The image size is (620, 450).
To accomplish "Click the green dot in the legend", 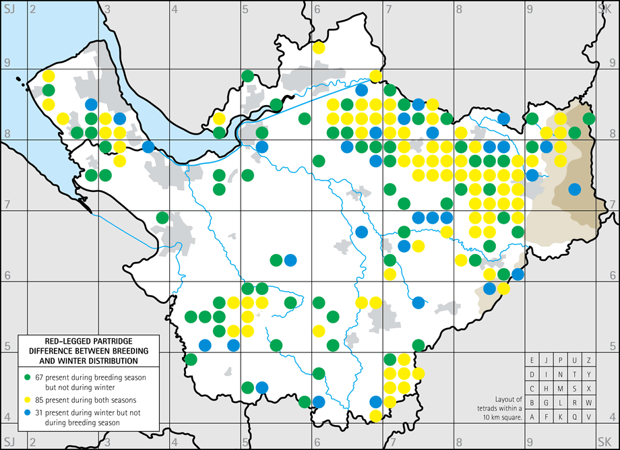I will tap(28, 375).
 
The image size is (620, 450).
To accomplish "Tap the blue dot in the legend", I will tap(28, 412).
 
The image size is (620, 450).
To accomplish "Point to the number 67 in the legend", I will tap(40, 375).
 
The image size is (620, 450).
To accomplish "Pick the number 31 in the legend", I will tap(40, 412).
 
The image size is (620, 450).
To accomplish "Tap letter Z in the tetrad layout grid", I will tap(589, 360).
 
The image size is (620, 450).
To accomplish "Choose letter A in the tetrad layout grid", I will tap(532, 417).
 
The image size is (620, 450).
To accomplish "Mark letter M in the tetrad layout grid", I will tap(561, 389).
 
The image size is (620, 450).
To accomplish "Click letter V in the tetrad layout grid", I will tap(589, 417).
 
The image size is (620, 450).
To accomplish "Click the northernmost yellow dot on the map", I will tap(318, 48).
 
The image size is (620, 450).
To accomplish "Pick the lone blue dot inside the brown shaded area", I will tap(574, 189).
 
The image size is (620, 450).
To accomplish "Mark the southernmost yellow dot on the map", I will tap(376, 416).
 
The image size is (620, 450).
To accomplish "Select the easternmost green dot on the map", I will tap(588, 119).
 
